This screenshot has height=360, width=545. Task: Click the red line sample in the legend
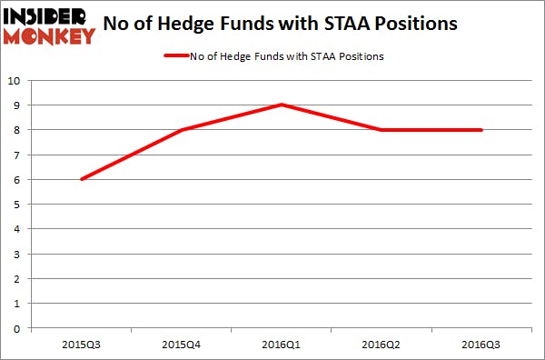[x=174, y=56]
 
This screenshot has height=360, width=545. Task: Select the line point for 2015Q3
[x=81, y=179]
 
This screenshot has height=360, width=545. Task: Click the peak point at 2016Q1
[x=282, y=105]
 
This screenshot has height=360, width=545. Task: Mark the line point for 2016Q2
[x=381, y=130]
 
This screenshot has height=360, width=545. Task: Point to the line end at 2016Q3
[x=481, y=130]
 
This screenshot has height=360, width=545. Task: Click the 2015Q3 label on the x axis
[x=81, y=345]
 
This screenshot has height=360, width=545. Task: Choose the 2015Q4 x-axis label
[x=181, y=345]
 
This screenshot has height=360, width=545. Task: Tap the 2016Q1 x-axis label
[x=282, y=345]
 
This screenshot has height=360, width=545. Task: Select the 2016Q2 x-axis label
[x=381, y=345]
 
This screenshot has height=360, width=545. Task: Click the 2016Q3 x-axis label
[x=481, y=345]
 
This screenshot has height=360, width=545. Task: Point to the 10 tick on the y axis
[x=15, y=80]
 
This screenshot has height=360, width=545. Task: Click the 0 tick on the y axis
[x=18, y=328]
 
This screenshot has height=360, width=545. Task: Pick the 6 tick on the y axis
[x=18, y=179]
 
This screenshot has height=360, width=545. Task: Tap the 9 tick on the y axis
[x=18, y=105]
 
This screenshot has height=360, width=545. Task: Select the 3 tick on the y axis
[x=18, y=254]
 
